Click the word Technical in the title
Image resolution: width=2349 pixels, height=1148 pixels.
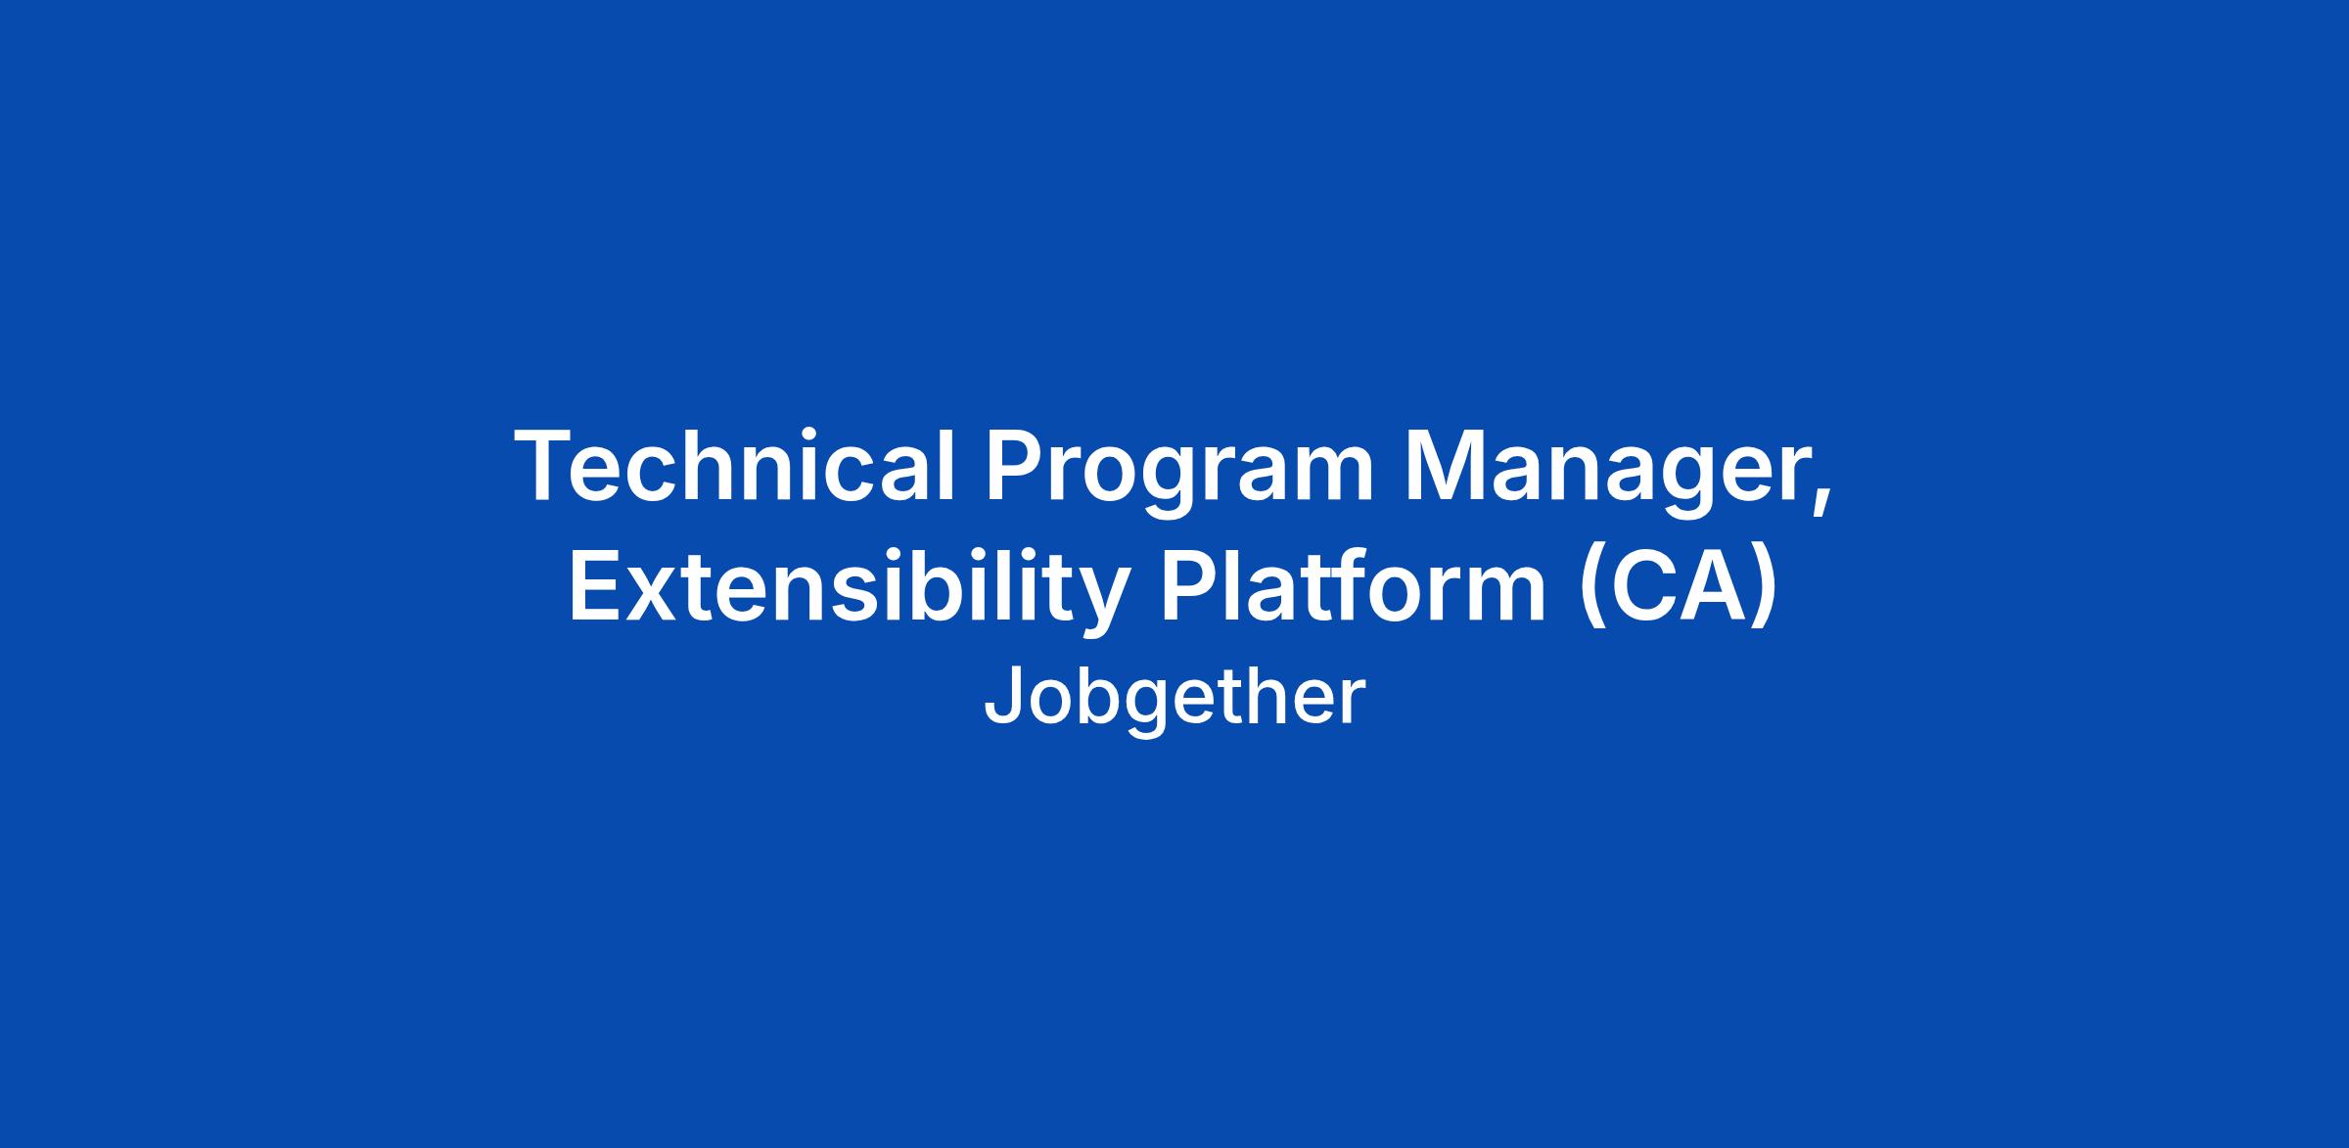[x=735, y=467]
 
